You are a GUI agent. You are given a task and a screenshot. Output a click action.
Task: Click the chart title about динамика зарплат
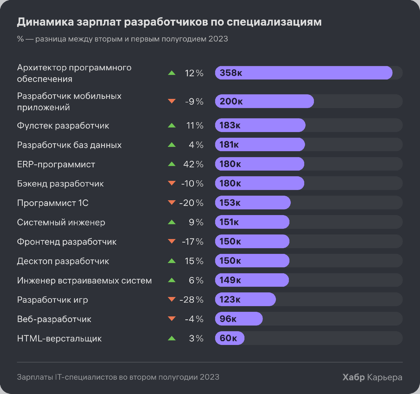click(169, 22)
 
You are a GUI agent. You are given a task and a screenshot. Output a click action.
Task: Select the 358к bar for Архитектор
click(303, 73)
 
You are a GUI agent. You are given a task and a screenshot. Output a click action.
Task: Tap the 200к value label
click(231, 102)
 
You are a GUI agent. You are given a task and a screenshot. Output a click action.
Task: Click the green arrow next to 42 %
click(171, 164)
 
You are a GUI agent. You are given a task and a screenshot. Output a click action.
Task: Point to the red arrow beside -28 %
click(171, 299)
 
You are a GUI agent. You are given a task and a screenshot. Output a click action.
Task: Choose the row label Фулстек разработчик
click(63, 126)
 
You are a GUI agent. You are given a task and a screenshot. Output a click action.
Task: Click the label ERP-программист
click(56, 164)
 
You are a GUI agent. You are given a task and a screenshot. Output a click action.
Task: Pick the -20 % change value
click(191, 203)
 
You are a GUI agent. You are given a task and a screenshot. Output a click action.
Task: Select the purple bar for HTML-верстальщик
click(230, 338)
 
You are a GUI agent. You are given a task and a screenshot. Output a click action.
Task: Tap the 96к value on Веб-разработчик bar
click(228, 319)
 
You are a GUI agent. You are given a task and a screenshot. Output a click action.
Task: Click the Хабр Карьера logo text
click(372, 377)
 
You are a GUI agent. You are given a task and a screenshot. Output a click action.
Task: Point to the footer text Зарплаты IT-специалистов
click(118, 377)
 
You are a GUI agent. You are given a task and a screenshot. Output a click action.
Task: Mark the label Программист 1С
click(53, 203)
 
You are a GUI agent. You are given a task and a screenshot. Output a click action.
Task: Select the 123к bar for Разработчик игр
click(245, 299)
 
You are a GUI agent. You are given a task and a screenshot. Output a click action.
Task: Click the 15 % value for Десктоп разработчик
click(194, 261)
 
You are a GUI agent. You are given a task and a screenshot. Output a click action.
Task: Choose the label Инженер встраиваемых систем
click(84, 281)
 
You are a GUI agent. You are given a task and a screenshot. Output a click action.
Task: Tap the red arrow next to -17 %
click(171, 241)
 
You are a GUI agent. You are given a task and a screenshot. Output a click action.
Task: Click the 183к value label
click(230, 125)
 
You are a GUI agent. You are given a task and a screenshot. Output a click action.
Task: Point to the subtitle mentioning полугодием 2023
click(122, 39)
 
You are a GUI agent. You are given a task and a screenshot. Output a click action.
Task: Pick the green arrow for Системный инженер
click(171, 222)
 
